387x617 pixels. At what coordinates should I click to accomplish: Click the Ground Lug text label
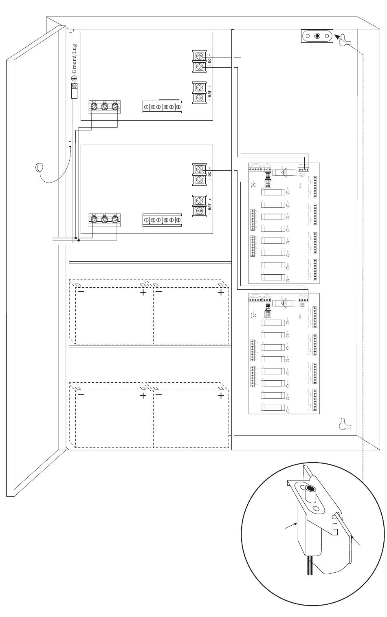pos(75,58)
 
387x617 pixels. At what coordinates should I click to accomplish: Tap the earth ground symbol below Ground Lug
pos(75,78)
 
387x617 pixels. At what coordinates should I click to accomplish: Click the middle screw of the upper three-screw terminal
pos(104,107)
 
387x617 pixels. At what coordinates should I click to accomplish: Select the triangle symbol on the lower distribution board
pos(284,303)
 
